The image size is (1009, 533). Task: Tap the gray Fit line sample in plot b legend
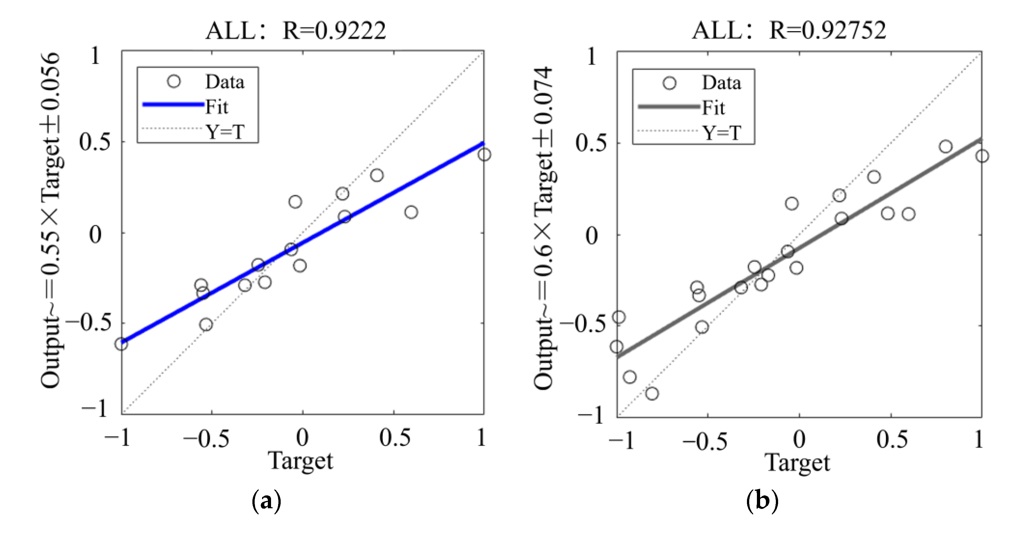(669, 106)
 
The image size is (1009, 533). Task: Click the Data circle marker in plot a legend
(173, 82)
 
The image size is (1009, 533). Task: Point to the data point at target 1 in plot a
(484, 155)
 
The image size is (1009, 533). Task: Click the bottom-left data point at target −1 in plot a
(121, 344)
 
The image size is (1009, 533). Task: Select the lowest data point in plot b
(652, 394)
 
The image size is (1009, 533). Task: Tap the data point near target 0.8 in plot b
(945, 147)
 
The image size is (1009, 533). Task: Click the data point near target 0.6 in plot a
(411, 212)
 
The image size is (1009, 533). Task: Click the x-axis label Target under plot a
(301, 461)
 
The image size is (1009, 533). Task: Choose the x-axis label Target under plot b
(797, 463)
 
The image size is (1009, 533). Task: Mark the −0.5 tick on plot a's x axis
(206, 439)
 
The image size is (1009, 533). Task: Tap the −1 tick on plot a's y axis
(94, 409)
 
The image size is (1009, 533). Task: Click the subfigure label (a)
(266, 501)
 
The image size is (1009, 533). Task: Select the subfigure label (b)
(762, 501)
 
